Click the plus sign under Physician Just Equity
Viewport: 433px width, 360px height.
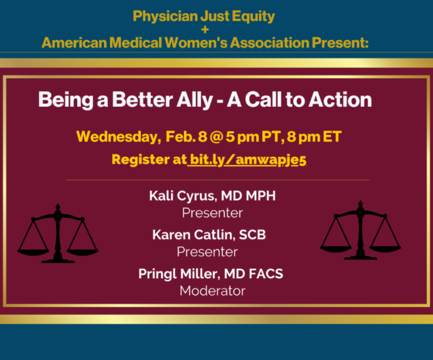pos(205,29)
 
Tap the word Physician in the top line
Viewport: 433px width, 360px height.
pos(165,17)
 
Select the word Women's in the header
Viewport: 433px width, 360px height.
pos(196,43)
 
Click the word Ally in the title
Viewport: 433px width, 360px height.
pos(195,100)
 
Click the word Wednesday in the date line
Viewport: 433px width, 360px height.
pos(118,137)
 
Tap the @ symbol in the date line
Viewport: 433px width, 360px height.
pos(216,137)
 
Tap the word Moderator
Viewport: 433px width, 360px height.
pos(212,291)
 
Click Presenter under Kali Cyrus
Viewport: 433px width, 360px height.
pos(212,213)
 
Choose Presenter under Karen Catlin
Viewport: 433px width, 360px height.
pos(207,252)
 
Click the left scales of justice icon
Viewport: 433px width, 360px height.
pos(58,233)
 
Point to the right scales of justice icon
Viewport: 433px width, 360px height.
pos(360,230)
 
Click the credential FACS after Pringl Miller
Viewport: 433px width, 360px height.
pos(266,274)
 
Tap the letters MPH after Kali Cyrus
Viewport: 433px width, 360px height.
pos(260,196)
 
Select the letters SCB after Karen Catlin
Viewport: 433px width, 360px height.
pos(252,235)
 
